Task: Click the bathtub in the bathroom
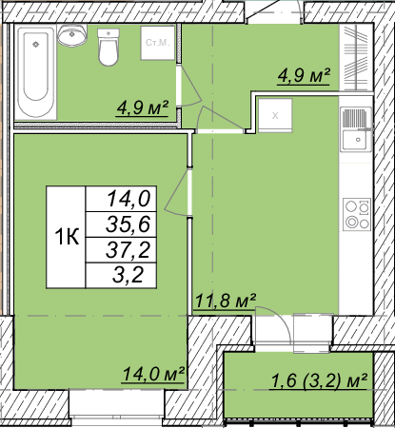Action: pos(36,72)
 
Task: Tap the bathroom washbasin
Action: pos(72,35)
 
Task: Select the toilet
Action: pos(109,47)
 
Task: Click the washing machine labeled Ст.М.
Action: pos(158,43)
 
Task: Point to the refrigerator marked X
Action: pos(275,115)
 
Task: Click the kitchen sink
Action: pos(356,129)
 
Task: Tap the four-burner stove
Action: pos(357,215)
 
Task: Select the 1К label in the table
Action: pos(67,237)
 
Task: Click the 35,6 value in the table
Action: pos(128,224)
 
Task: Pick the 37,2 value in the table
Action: pos(128,250)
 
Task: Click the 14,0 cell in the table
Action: pos(128,199)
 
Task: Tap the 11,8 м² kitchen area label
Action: pos(225,301)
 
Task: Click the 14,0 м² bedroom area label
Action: pos(153,374)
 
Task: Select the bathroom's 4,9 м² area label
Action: pos(142,107)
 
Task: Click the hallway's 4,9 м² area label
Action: pos(304,76)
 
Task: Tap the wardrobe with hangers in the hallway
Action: pos(355,58)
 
